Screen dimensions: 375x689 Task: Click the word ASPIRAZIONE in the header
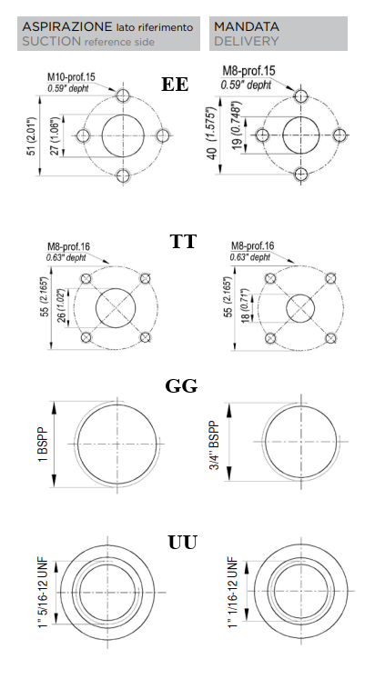pos(67,26)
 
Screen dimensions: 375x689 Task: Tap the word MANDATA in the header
pos(247,26)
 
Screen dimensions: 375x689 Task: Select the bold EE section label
pos(175,85)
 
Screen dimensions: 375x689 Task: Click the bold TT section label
pos(183,242)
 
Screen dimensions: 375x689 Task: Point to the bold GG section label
pos(181,386)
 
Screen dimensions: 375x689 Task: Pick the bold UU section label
pos(183,543)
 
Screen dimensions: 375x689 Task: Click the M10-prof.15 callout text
pos(71,77)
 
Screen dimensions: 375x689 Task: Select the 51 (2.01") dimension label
pos(31,136)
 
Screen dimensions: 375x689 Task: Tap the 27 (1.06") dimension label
pos(55,136)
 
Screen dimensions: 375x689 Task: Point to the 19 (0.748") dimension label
pos(237,125)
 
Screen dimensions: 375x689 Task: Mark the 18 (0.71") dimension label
pos(245,305)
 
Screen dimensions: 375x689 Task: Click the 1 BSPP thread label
pos(43,444)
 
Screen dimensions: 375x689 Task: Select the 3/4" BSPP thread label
pos(214,444)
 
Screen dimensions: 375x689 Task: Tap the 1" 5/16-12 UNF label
pos(43,594)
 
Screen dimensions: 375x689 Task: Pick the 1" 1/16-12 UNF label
pos(233,593)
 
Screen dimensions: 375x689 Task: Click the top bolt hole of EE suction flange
pos(123,95)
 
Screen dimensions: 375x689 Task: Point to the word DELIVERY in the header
pos(247,41)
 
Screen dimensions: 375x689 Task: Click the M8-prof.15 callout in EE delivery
pos(248,71)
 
